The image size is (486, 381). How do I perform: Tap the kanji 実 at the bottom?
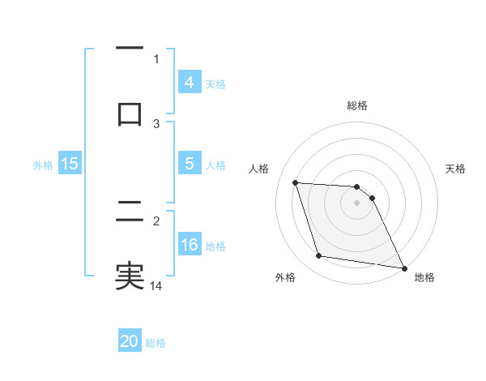130,275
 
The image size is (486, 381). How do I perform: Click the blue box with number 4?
189,82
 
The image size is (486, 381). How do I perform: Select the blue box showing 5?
189,163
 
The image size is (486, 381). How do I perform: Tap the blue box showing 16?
189,244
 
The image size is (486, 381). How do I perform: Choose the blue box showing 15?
70,163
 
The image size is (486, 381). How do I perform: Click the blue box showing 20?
130,341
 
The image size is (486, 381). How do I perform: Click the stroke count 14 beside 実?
157,285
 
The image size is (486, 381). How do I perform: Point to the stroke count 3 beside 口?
157,123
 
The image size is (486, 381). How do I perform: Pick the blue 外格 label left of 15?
43,165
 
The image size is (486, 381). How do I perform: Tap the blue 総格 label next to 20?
156,343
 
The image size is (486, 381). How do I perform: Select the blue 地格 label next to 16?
215,246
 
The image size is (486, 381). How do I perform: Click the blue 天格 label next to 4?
215,83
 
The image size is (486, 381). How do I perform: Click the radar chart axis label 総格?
357,105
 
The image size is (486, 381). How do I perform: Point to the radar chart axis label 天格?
456,169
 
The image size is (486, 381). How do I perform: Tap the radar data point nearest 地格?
403,268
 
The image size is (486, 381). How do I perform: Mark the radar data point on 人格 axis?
296,183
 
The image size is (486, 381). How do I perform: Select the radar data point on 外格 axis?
319,256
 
